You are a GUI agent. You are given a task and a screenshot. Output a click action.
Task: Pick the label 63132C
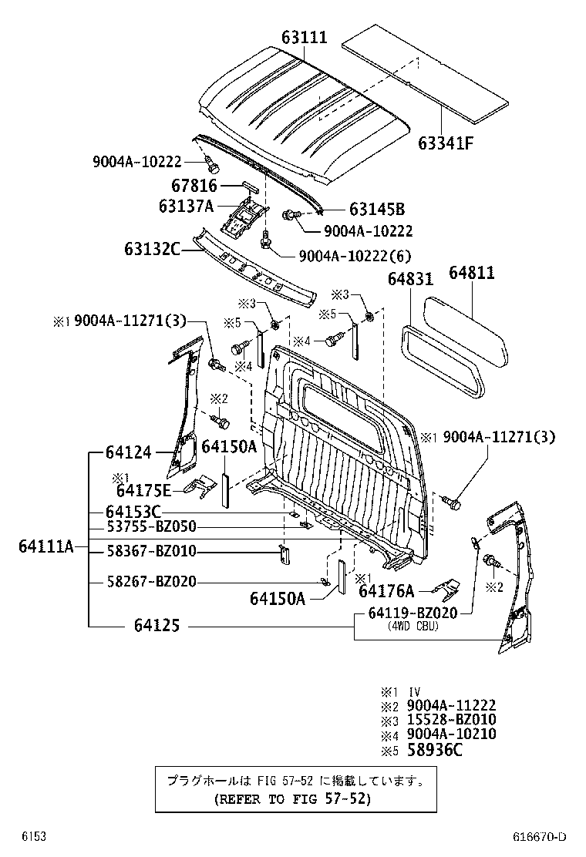coord(153,248)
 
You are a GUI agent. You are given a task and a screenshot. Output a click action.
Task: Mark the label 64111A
coord(46,546)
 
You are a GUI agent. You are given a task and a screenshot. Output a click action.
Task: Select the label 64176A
coord(386,591)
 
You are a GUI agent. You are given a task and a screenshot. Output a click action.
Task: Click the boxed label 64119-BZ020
coord(413,613)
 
